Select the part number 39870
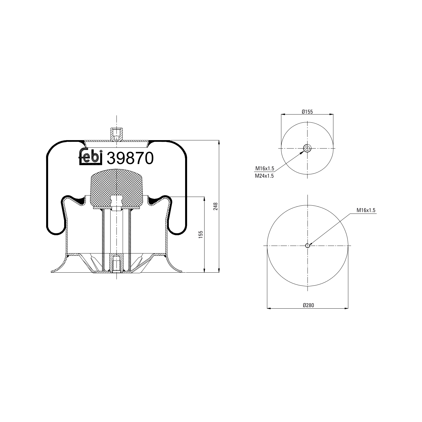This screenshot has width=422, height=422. [x=131, y=158]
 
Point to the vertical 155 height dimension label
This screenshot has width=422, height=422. [x=201, y=235]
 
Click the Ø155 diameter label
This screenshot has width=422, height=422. [x=307, y=112]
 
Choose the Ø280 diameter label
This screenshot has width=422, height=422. [x=308, y=305]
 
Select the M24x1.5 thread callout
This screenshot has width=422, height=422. [x=264, y=176]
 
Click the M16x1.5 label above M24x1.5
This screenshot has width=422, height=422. [x=264, y=169]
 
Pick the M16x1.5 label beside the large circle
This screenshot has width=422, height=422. [x=366, y=210]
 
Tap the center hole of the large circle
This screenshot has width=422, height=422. [x=307, y=246]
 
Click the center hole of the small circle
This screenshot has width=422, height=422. [x=307, y=148]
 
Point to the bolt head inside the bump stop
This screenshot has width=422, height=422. [x=116, y=208]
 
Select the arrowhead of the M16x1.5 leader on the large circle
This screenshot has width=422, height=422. [x=310, y=244]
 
